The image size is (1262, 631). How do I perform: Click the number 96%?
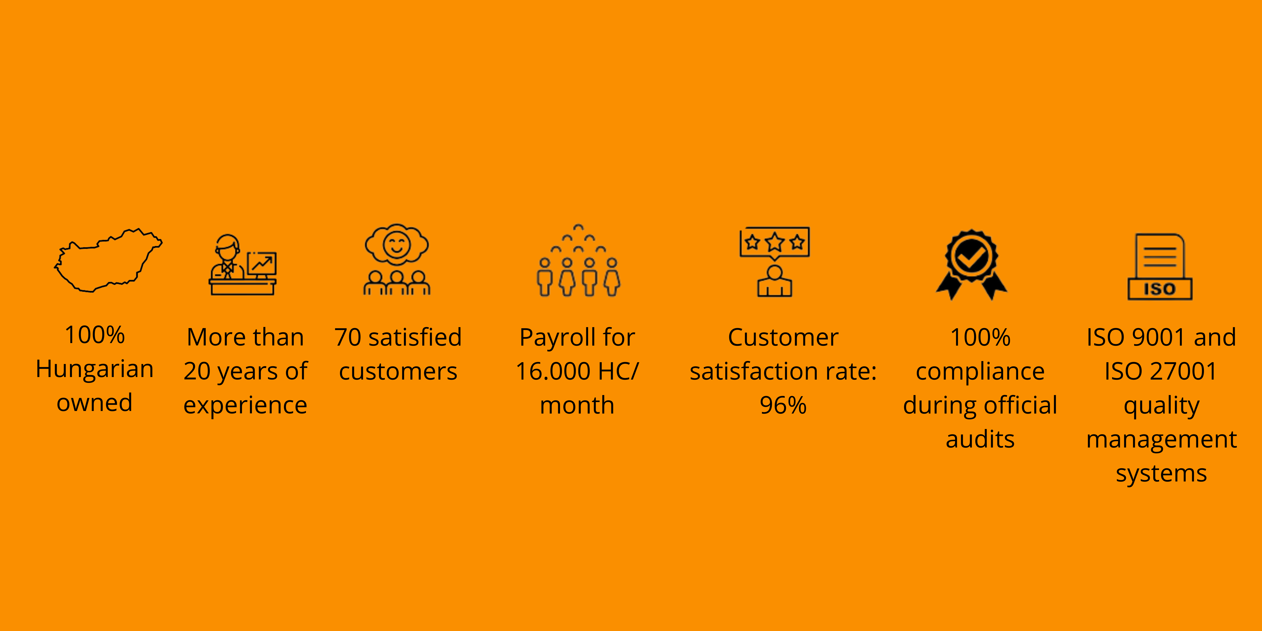783,405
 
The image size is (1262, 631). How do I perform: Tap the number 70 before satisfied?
348,338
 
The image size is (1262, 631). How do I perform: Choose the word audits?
980,439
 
